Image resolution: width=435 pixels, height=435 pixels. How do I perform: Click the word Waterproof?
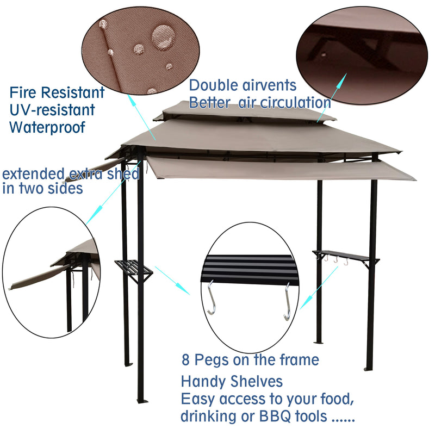(x=47, y=128)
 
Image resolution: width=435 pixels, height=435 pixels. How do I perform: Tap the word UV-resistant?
(x=52, y=110)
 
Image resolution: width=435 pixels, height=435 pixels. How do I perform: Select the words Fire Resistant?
(x=57, y=92)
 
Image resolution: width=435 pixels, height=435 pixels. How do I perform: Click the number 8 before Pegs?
(x=186, y=360)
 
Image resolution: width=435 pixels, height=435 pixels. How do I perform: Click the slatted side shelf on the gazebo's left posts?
(x=133, y=268)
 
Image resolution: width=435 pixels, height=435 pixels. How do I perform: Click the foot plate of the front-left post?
(x=142, y=401)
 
